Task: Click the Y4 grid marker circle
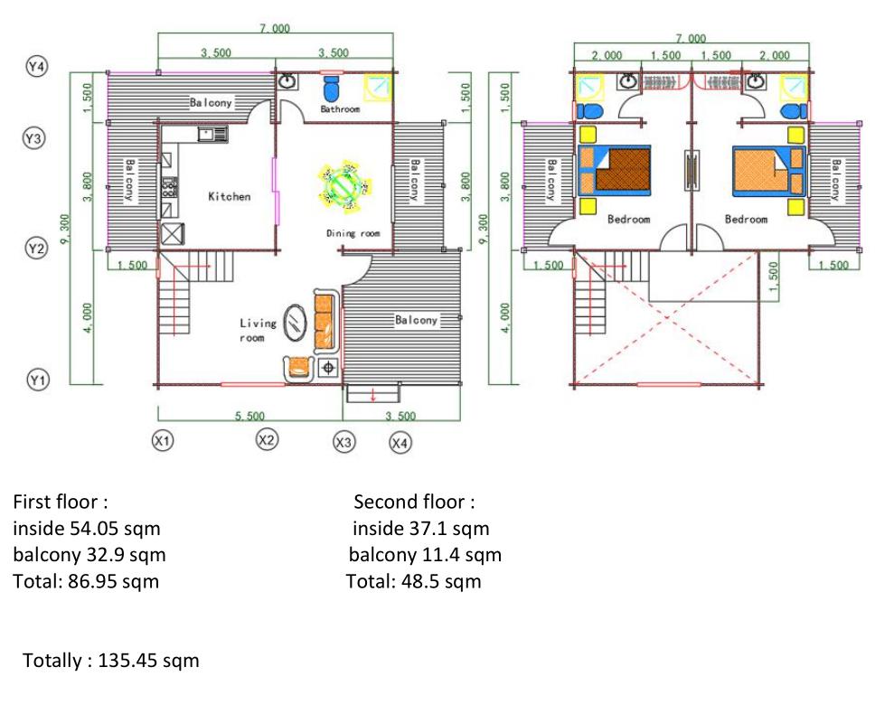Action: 37,66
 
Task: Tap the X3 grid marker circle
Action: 343,442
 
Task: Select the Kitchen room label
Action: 230,196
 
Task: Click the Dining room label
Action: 353,233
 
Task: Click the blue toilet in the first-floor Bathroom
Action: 331,89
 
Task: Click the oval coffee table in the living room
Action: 295,323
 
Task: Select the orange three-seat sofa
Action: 325,322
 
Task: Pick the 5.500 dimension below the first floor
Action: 249,416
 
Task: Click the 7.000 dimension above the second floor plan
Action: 691,38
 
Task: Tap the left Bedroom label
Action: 629,220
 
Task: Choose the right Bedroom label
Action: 746,220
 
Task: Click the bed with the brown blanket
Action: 615,170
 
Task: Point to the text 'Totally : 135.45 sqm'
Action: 111,661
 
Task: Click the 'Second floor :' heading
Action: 414,502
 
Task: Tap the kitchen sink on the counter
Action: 212,134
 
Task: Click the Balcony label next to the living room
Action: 417,320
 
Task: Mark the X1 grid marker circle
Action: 163,441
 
